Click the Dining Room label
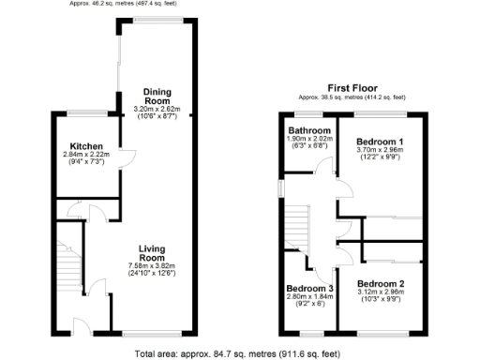(157, 96)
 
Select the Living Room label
(152, 252)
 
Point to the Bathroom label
(309, 130)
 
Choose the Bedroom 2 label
(380, 282)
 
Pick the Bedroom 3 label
(310, 287)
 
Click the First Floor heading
(352, 87)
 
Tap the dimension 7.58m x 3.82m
(152, 266)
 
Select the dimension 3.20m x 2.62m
(157, 109)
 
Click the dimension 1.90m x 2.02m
(309, 139)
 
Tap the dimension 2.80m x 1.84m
(310, 295)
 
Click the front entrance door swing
(82, 324)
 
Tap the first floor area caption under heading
(352, 97)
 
